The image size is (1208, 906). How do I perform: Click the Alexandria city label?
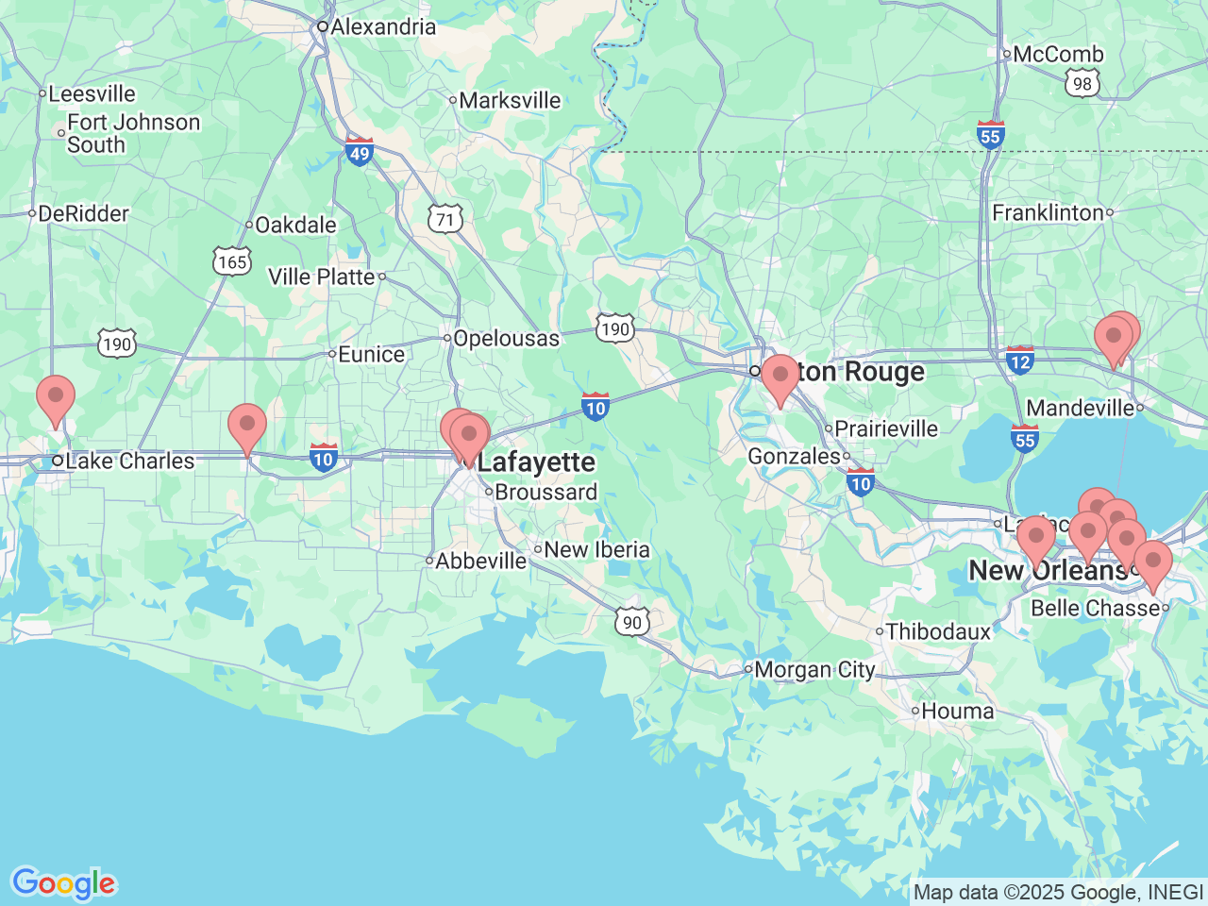tap(382, 26)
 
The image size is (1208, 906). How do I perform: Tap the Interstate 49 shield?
tap(360, 151)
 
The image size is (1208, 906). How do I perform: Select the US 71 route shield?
tap(445, 219)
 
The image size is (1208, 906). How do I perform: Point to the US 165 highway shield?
tap(232, 261)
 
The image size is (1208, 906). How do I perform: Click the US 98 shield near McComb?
tap(1082, 83)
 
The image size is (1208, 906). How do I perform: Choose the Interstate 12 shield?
tap(1020, 361)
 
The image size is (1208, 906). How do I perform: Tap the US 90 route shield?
tap(632, 621)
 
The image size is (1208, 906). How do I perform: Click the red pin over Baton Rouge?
tap(780, 378)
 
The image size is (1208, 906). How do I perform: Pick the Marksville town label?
tap(510, 100)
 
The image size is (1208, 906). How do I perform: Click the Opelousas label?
tap(506, 338)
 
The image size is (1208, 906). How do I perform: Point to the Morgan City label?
tap(814, 670)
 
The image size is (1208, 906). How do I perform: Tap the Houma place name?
tap(957, 712)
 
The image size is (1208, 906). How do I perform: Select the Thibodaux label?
tap(938, 631)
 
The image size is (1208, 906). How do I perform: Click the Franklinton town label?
tap(1048, 212)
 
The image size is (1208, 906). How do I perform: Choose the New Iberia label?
tap(596, 549)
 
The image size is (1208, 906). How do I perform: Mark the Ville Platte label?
tap(322, 277)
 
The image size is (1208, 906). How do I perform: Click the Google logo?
tap(63, 884)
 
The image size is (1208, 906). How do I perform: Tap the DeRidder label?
tap(83, 213)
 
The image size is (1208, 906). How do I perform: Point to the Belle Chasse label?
tap(1095, 608)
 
